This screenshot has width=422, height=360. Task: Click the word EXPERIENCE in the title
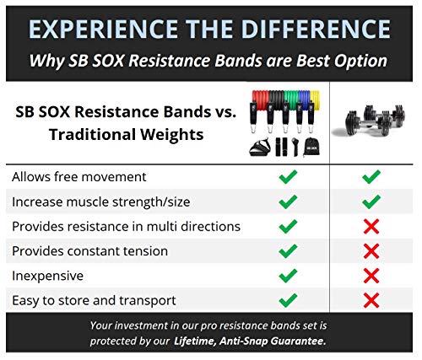pos(103,30)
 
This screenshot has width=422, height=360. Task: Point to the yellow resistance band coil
pos(315,98)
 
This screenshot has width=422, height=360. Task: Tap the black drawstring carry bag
pos(312,147)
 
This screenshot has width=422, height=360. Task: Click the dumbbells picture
pos(369,120)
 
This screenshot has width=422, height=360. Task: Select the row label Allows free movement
pos(79,177)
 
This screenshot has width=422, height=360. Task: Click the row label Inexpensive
pos(47,276)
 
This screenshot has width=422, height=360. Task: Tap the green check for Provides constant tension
pos(288,251)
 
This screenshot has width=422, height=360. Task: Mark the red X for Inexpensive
pos(371,276)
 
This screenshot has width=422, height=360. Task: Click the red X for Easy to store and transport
pos(371,300)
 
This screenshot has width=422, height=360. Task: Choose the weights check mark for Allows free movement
pos(371,177)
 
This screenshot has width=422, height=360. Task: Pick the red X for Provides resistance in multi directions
pos(371,227)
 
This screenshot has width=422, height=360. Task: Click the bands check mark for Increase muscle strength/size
pos(288,201)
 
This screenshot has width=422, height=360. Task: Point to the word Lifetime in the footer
pos(195,341)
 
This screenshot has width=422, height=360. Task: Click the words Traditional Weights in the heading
pos(127,134)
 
